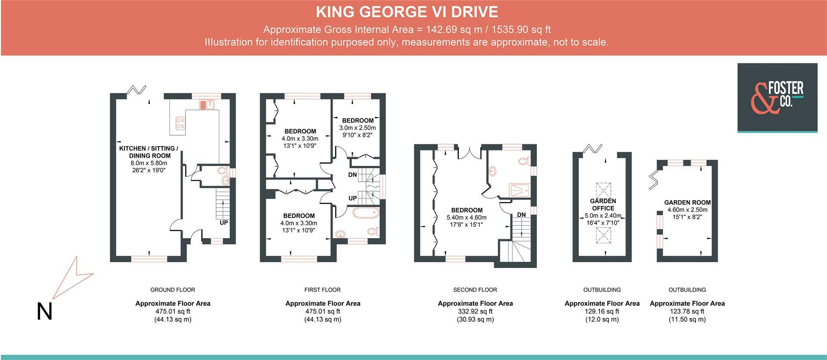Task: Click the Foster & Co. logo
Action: (777, 98)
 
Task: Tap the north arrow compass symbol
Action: (72, 278)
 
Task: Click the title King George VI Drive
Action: (407, 12)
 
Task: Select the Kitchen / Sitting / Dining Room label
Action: (149, 152)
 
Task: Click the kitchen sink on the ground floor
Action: (207, 104)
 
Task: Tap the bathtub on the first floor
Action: (366, 213)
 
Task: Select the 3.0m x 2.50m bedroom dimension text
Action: (358, 128)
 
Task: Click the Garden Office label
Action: (603, 205)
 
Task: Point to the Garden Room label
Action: (687, 202)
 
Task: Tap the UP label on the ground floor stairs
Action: (224, 223)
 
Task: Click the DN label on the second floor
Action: (521, 214)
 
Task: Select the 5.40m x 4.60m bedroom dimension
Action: (466, 217)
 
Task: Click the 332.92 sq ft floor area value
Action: (475, 311)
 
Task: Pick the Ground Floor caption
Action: (173, 290)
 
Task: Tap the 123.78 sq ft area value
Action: (687, 311)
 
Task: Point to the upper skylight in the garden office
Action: (603, 190)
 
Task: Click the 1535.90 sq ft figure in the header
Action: (521, 30)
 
